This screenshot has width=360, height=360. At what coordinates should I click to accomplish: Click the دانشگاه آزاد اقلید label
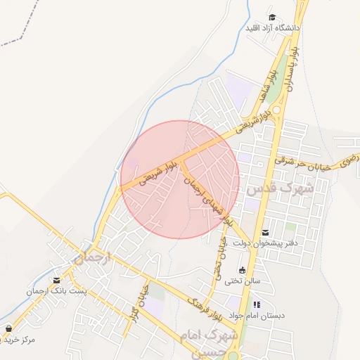[272, 28]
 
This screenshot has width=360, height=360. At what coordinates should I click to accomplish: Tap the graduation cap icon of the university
[272, 18]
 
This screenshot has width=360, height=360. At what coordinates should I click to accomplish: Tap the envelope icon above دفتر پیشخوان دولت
[264, 232]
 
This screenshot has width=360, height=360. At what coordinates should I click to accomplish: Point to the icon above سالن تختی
[243, 270]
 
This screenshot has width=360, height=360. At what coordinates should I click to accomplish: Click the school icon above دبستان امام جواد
[257, 304]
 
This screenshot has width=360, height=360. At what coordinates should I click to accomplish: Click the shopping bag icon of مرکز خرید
[8, 328]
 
